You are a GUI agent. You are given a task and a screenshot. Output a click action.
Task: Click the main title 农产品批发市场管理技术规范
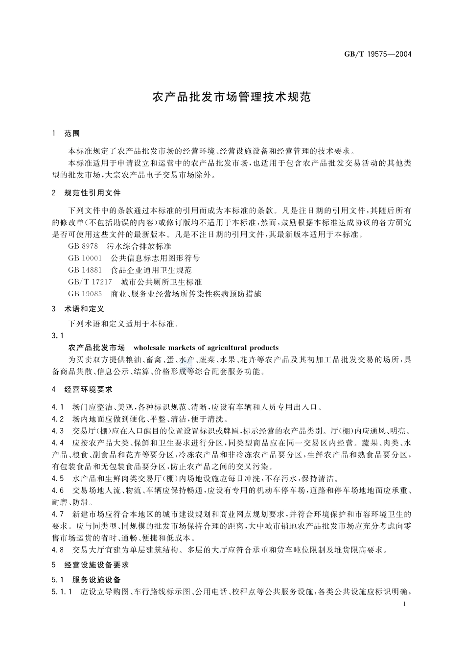pos(232,96)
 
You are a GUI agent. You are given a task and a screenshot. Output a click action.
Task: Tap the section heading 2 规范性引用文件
pos(86,193)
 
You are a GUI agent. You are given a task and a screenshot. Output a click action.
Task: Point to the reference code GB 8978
pos(83,246)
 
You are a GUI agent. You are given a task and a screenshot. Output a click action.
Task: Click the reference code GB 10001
pos(85,258)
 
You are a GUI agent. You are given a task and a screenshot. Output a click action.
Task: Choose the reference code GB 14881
pos(85,270)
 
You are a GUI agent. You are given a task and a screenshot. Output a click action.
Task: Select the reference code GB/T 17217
pos(91,282)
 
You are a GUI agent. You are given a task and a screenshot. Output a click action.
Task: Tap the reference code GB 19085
pos(85,294)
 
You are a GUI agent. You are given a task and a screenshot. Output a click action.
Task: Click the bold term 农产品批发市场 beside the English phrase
pos(97,348)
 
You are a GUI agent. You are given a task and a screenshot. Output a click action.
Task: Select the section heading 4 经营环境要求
pos(82,390)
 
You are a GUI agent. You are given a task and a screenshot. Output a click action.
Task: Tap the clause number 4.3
pos(58,431)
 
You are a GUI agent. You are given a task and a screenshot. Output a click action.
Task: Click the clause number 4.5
pos(58,478)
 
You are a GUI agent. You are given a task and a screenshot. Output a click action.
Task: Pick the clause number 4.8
pos(58,549)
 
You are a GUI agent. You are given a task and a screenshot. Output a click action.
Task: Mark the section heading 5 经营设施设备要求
pos(90,565)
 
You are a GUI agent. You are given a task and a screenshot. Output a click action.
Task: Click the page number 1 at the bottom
pos(404,605)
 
